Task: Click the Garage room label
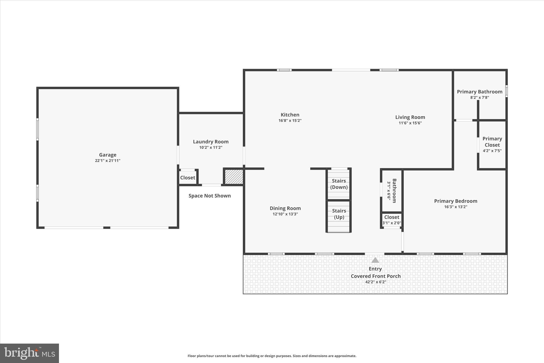pyautogui.click(x=108, y=155)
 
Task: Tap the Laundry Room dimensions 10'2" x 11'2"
pyautogui.click(x=211, y=147)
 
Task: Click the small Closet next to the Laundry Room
pyautogui.click(x=188, y=178)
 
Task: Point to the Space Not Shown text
pyautogui.click(x=210, y=196)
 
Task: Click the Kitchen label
pyautogui.click(x=290, y=115)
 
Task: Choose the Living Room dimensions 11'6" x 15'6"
pyautogui.click(x=410, y=123)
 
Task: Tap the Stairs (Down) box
pyautogui.click(x=339, y=184)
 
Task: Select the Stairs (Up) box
pyautogui.click(x=339, y=214)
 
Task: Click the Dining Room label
pyautogui.click(x=285, y=208)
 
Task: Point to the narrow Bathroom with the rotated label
pyautogui.click(x=392, y=191)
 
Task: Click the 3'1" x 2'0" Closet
pyautogui.click(x=392, y=220)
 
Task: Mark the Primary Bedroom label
pyautogui.click(x=456, y=201)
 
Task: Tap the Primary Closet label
pyautogui.click(x=492, y=142)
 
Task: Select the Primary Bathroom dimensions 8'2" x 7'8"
pyautogui.click(x=479, y=97)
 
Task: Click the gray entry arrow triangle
pyautogui.click(x=375, y=260)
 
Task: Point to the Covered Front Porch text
pyautogui.click(x=376, y=276)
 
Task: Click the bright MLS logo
pyautogui.click(x=29, y=353)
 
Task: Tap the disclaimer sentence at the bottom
pyautogui.click(x=272, y=356)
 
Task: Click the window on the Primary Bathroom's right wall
pyautogui.click(x=506, y=91)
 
